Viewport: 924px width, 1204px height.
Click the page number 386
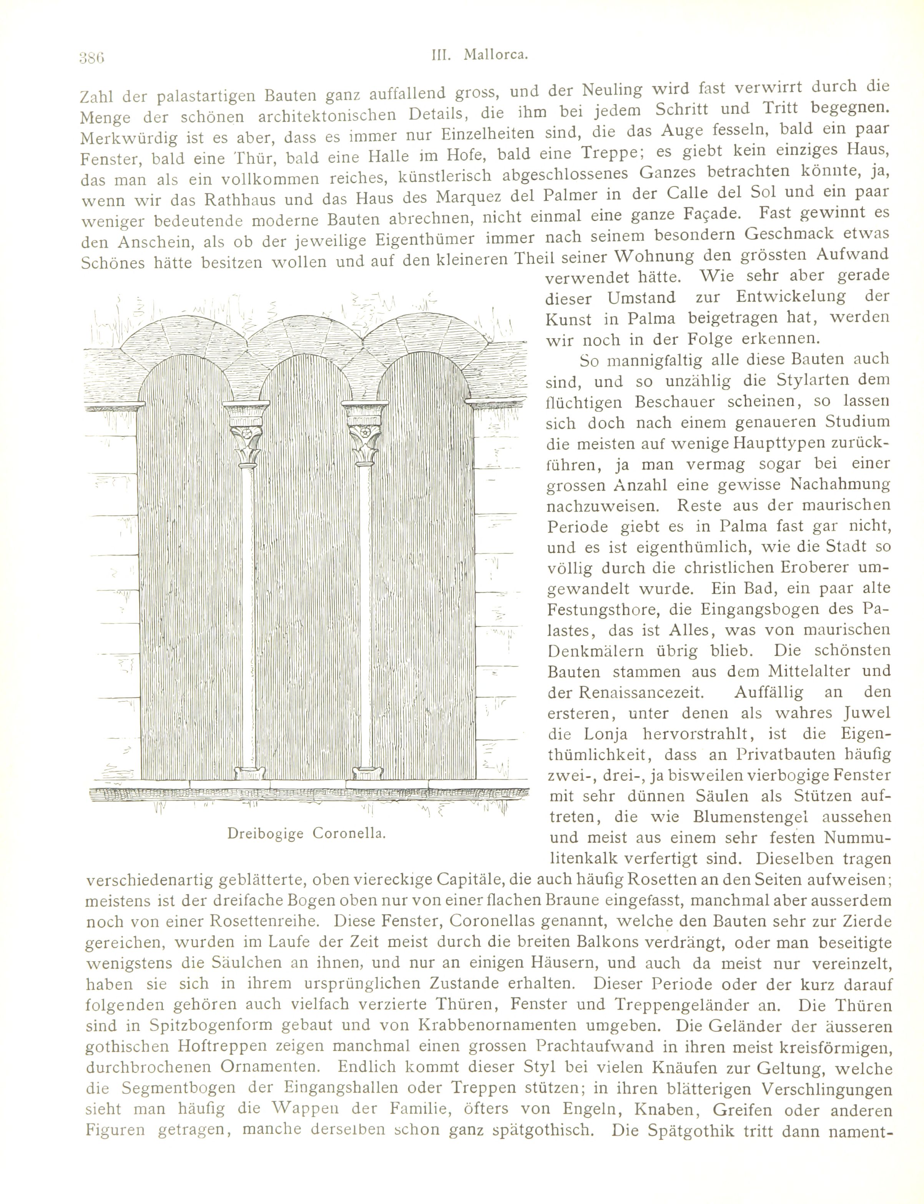click(91, 57)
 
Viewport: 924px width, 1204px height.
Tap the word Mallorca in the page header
click(495, 55)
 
